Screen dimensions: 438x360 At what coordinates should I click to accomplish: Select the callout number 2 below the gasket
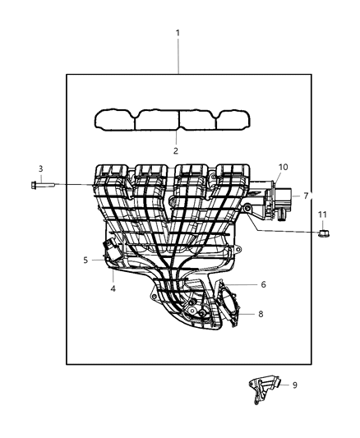coord(175,151)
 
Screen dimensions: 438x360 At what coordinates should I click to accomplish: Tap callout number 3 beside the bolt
coord(40,169)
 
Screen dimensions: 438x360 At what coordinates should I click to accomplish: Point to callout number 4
coord(113,288)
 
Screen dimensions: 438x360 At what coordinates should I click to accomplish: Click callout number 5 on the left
coord(85,260)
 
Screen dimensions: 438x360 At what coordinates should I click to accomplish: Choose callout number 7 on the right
coord(306,196)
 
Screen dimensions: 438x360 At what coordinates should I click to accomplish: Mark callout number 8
coord(261,313)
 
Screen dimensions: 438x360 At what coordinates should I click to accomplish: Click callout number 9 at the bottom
coord(295,384)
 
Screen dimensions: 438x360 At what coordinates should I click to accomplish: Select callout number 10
coord(283,168)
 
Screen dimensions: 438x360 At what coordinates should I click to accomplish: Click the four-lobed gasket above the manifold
coord(175,121)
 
